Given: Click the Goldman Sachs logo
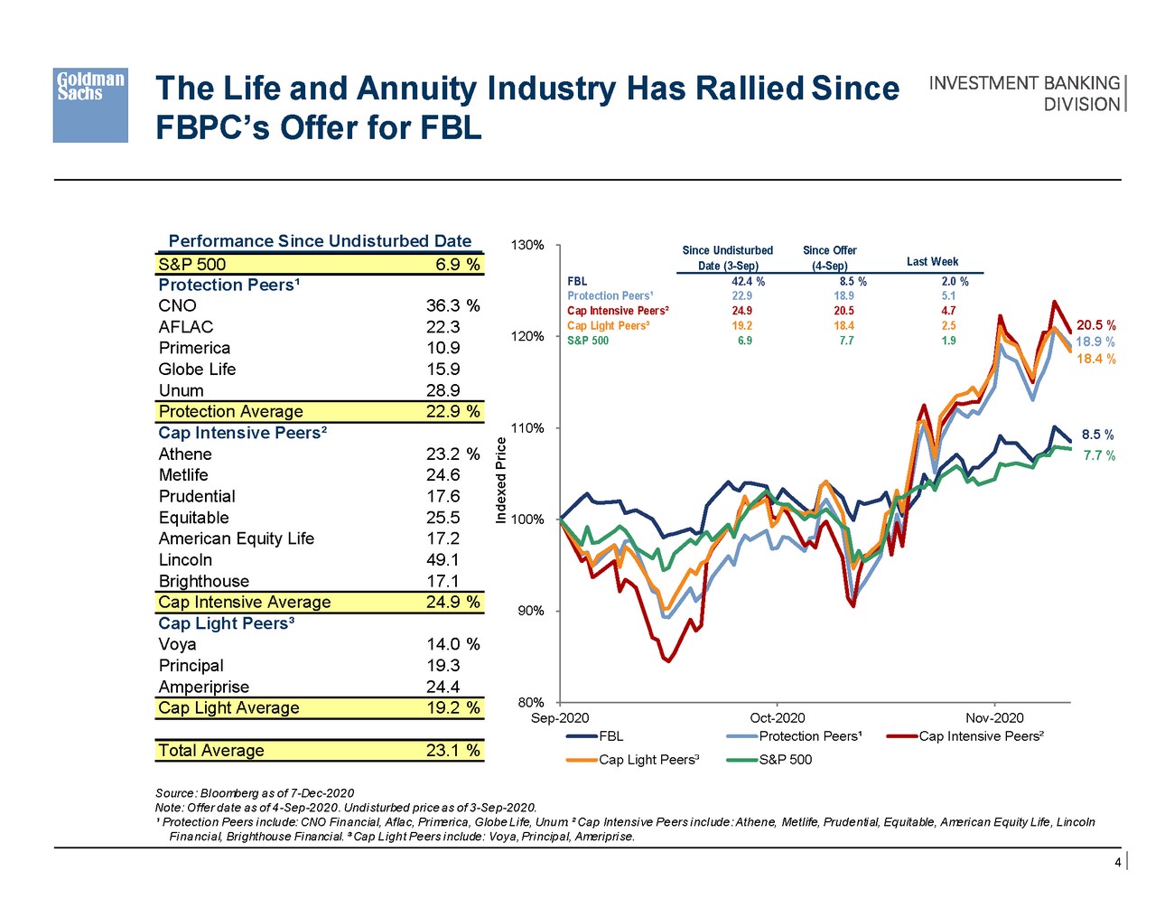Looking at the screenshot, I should pos(90,105).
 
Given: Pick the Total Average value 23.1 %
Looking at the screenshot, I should pos(452,751).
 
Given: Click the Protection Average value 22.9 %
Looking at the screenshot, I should pos(452,412).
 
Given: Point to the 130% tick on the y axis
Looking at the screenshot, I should pos(527,246).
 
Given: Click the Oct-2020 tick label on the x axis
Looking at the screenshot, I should pos(778,718).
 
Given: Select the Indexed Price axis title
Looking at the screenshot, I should pos(501,479).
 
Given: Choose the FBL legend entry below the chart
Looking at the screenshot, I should pos(610,736).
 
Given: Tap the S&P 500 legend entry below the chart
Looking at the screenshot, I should pos(785,760).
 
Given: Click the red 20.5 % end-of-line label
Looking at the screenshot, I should pos(1096,325).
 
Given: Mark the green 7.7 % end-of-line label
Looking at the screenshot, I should pos(1099,456).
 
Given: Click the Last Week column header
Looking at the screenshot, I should pos(932,262).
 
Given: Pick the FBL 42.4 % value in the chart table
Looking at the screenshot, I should pos(748,282).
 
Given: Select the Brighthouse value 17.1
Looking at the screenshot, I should pos(443,582).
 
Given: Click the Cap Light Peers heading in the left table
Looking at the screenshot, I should pos(227,623).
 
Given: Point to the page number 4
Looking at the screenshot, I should pos(1117,863).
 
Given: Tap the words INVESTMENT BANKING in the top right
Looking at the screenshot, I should pos(1024,83).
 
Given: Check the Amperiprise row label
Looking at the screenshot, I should pos(203,688).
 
